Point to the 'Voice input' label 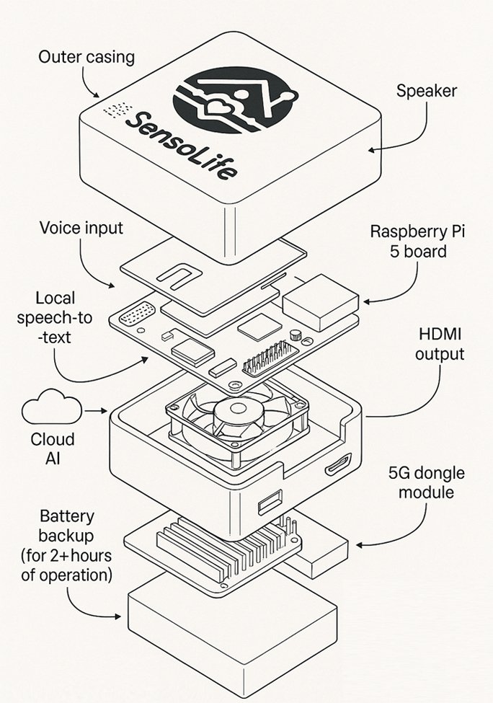tap(81, 229)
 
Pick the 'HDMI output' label tap(440, 344)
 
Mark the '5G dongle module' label tap(427, 483)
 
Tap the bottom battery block tap(231, 635)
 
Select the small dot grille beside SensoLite tap(117, 110)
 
